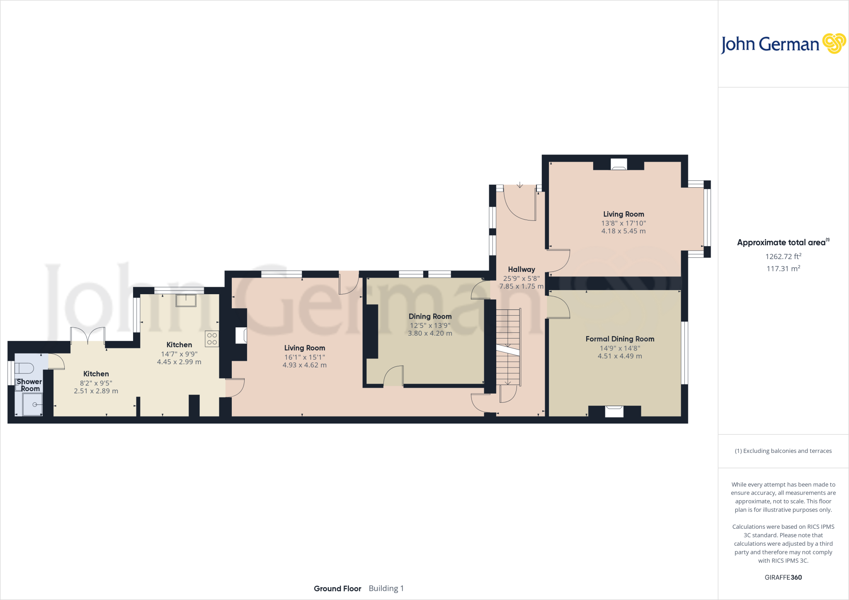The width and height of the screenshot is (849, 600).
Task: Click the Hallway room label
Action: (x=522, y=269)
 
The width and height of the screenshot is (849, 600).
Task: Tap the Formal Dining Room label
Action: (x=620, y=339)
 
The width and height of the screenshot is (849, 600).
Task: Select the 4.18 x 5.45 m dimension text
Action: (x=623, y=231)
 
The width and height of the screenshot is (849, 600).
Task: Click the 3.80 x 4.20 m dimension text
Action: (x=430, y=333)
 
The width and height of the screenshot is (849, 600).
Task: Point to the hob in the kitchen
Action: (x=212, y=339)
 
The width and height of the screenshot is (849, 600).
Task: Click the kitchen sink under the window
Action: (x=186, y=300)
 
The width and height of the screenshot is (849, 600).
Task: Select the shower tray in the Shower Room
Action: (x=32, y=404)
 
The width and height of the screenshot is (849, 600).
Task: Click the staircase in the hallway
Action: (x=508, y=347)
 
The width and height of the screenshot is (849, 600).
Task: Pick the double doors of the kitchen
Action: (x=87, y=335)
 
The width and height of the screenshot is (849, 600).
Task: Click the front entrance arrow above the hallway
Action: (x=520, y=185)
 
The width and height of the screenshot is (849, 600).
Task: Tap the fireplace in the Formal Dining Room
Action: (x=614, y=411)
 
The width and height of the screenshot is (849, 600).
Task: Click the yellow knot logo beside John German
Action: (x=834, y=44)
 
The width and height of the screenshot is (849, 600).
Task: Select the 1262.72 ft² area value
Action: (x=783, y=256)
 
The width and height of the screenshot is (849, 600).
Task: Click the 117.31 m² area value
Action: (x=783, y=269)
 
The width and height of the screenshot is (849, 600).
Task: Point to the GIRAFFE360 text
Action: (x=783, y=577)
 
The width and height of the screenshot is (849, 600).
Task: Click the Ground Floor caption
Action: (x=337, y=588)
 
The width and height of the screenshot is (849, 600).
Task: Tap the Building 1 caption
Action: (x=386, y=588)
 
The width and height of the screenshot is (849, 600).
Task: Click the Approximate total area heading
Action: (x=781, y=243)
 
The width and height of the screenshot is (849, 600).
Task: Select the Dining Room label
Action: (x=430, y=317)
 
